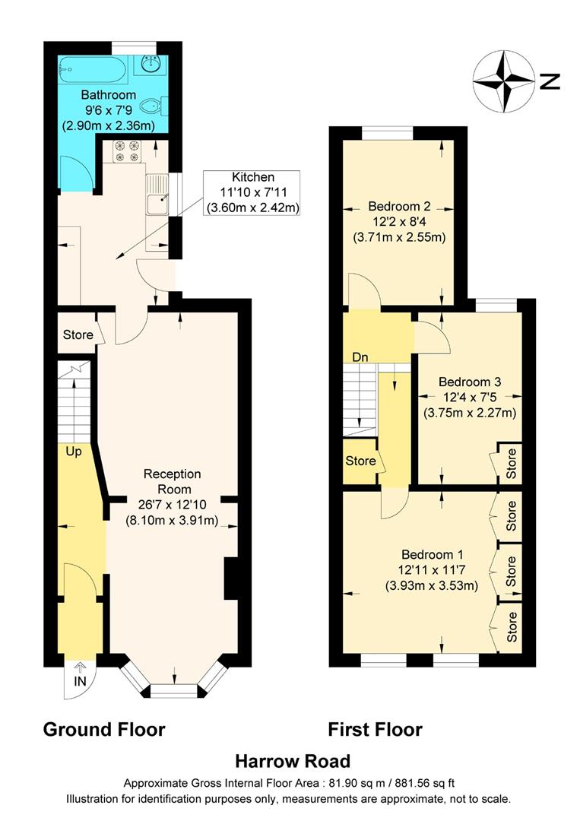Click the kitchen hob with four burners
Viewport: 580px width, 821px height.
(126, 151)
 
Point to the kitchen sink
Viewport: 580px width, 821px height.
(158, 203)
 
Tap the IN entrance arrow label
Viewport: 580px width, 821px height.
(80, 681)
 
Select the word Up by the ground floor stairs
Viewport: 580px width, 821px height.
(73, 450)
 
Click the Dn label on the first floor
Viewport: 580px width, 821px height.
(360, 357)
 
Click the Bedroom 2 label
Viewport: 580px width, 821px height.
(399, 206)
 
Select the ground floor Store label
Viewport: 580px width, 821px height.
(78, 334)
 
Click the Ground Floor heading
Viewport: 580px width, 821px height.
(104, 730)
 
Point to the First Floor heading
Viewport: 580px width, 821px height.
(375, 730)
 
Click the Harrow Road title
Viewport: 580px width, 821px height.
(292, 761)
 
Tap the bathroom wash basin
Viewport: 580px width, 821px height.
(148, 65)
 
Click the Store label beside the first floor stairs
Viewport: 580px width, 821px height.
(360, 461)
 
